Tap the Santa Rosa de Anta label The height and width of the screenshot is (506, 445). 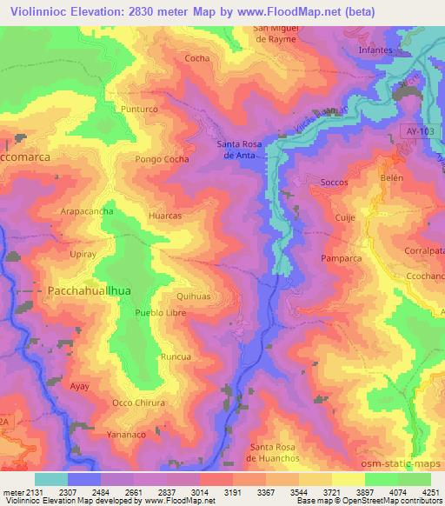tap(239, 150)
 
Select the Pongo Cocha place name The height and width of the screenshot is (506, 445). tap(163, 160)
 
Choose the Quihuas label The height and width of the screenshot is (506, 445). tap(193, 296)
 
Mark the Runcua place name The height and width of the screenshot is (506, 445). tap(176, 357)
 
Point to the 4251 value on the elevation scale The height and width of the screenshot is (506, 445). tap(429, 491)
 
